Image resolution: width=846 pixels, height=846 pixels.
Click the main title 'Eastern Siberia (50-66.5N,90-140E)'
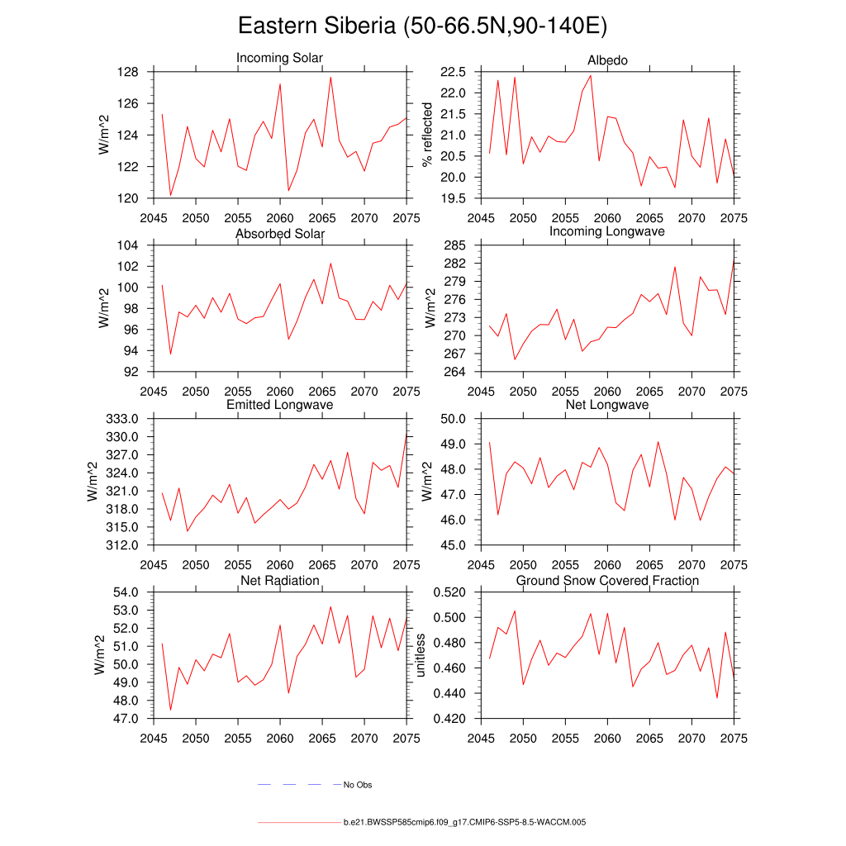pos(422,26)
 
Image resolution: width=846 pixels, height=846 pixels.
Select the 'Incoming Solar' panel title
pos(279,58)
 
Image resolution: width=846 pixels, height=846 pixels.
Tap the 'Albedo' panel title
pos(606,60)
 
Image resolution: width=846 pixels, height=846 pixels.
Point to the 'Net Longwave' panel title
pos(606,405)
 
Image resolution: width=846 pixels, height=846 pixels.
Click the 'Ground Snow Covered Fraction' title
pos(607,581)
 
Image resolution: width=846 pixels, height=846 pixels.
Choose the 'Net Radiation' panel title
pos(279,581)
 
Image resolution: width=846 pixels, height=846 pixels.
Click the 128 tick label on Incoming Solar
pos(130,72)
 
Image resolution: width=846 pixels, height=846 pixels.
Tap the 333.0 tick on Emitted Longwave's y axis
pos(125,419)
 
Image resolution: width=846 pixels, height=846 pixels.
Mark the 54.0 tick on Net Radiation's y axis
pos(125,592)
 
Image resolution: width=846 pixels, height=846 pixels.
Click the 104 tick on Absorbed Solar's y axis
pos(130,245)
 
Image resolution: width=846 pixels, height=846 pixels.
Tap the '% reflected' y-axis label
pos(427,135)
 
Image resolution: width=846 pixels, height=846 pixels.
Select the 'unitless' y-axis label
pos(421,655)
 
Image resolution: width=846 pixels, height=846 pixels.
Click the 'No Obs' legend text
pos(358,785)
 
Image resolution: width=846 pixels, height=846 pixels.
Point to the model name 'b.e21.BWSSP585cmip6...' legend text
pos(464,823)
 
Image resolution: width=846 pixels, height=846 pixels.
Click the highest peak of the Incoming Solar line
pos(330,77)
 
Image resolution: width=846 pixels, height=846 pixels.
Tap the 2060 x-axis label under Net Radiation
pos(280,738)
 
